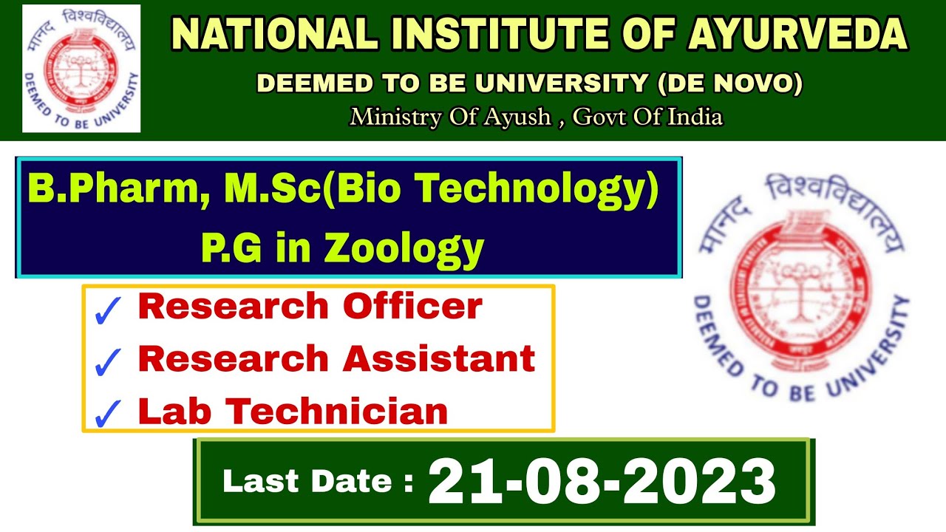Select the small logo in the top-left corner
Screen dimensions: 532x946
tap(81, 69)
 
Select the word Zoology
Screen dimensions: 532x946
tap(403, 248)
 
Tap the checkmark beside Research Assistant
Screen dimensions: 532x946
tap(109, 362)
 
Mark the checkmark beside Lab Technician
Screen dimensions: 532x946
tap(109, 414)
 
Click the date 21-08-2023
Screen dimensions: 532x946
tap(602, 481)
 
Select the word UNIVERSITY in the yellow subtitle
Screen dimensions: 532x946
tap(561, 83)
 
